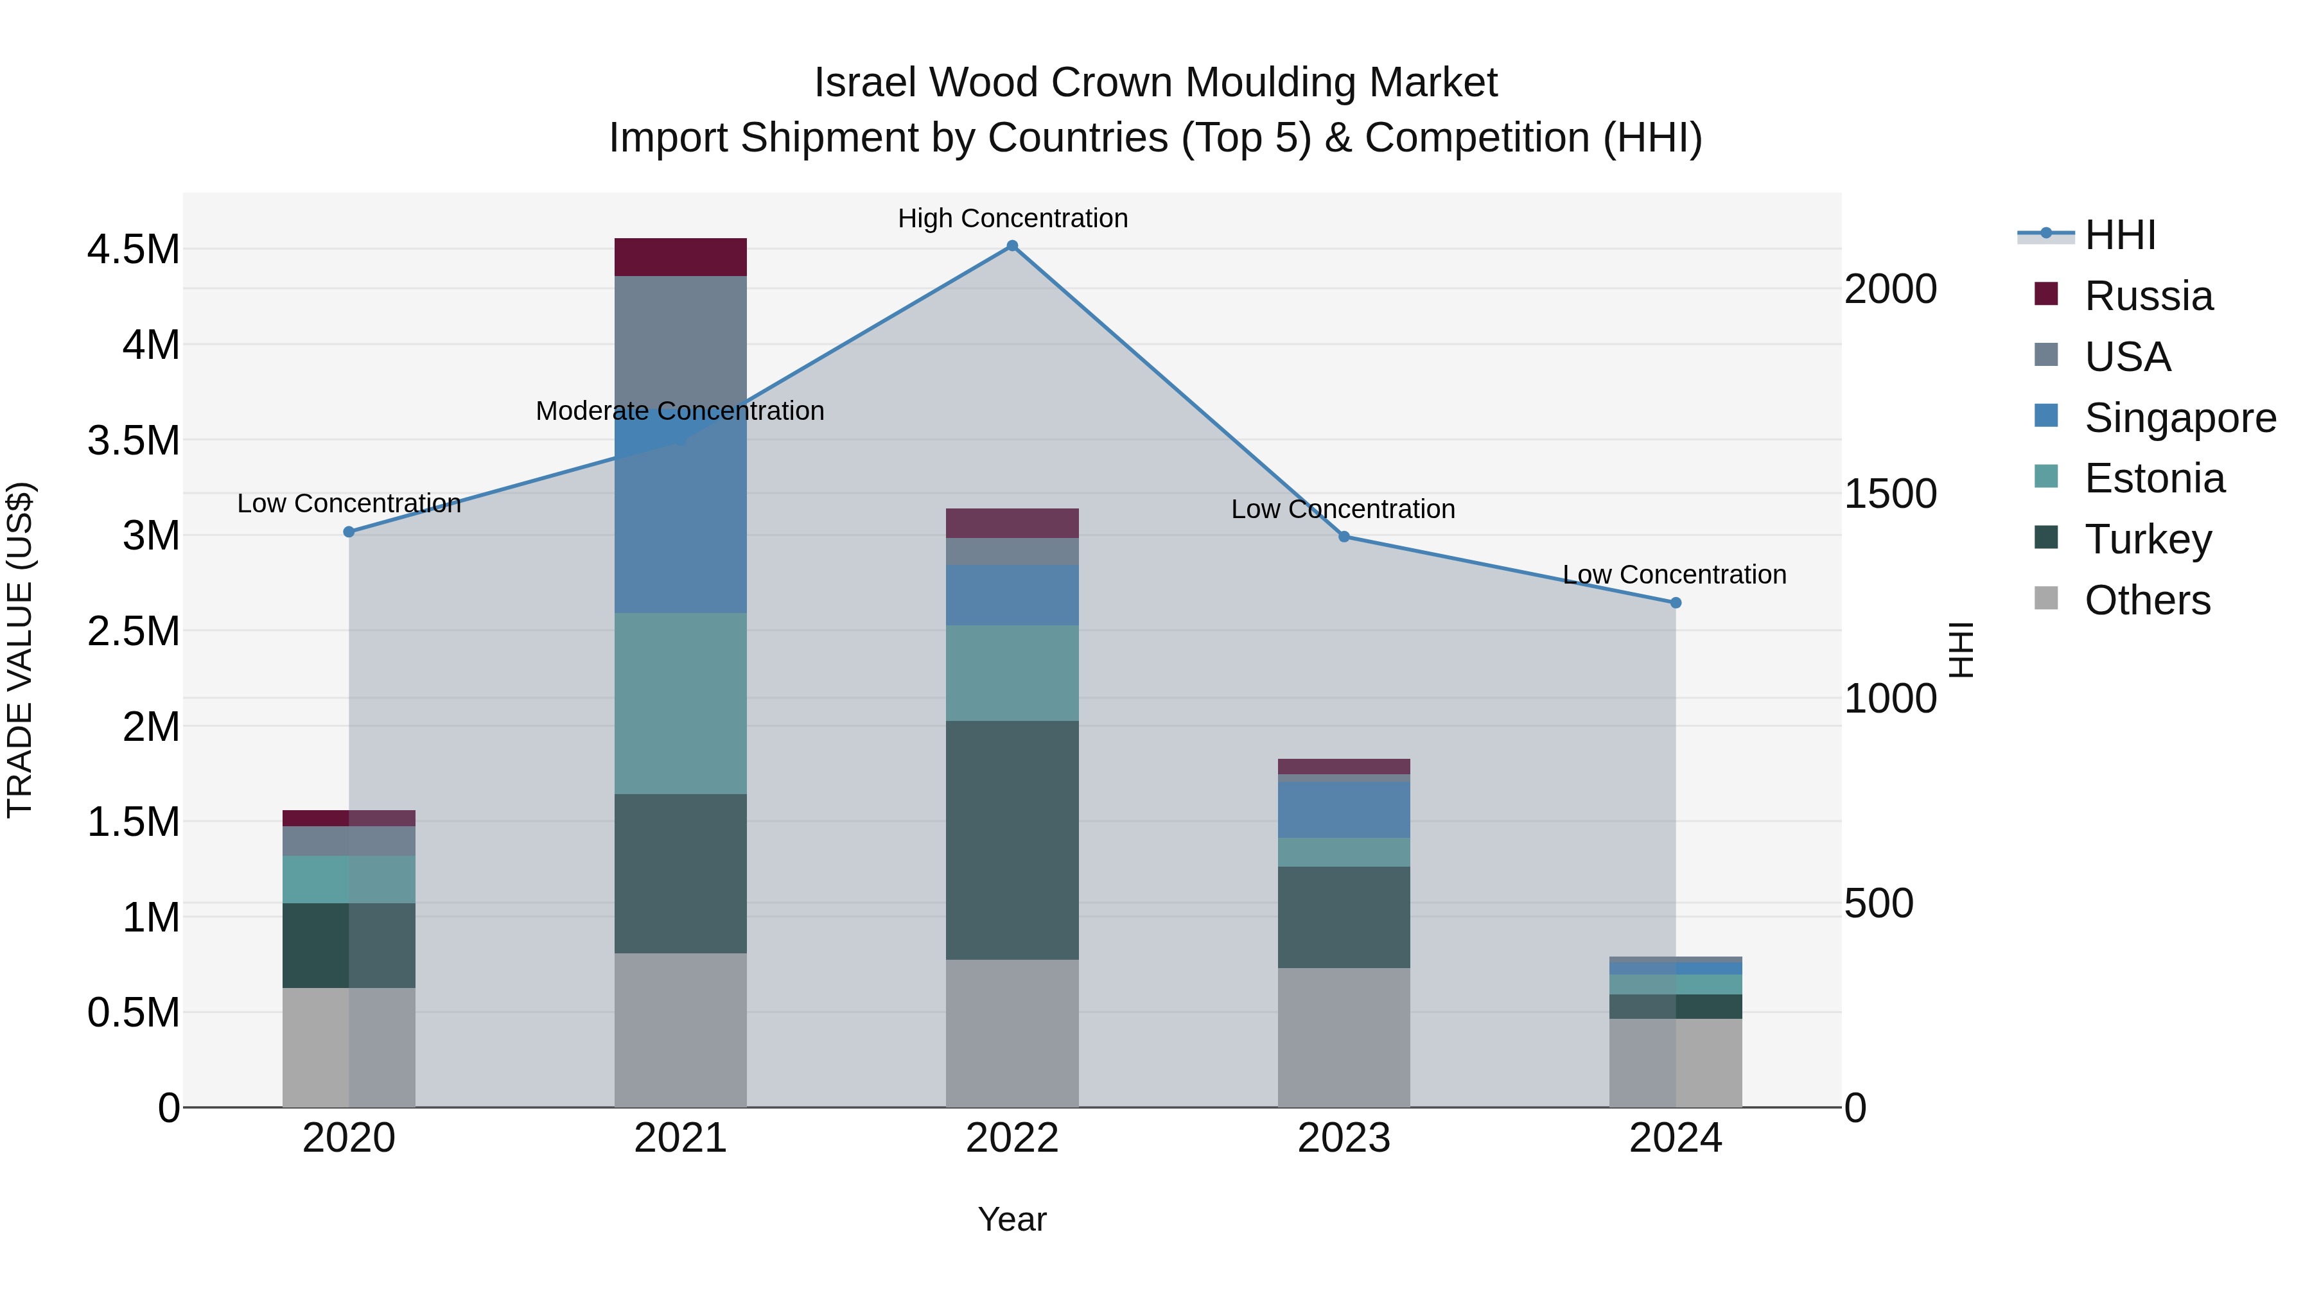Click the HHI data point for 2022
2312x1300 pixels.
click(x=1011, y=246)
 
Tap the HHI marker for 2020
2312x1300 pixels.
click(x=349, y=532)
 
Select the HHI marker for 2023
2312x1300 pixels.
click(x=1344, y=537)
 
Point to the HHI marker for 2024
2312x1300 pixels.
click(x=1675, y=603)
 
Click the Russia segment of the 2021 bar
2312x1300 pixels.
click(x=680, y=257)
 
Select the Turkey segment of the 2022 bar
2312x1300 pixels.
click(x=1011, y=840)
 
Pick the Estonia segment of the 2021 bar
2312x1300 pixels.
click(x=680, y=704)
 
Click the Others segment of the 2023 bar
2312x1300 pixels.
click(x=1344, y=1037)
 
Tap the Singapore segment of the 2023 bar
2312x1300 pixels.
click(x=1344, y=810)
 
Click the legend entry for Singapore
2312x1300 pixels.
click(x=2179, y=418)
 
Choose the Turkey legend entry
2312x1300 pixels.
click(x=2147, y=539)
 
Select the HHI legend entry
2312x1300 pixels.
click(x=2120, y=235)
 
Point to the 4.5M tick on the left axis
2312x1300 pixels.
click(x=134, y=250)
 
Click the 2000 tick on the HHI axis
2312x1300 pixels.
click(x=1890, y=289)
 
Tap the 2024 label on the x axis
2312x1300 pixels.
click(x=1675, y=1138)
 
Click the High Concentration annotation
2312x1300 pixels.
click(x=1012, y=218)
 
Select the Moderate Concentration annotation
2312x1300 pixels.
click(x=679, y=411)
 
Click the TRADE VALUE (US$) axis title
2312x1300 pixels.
click(x=21, y=650)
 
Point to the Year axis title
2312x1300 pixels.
click(x=1011, y=1219)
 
